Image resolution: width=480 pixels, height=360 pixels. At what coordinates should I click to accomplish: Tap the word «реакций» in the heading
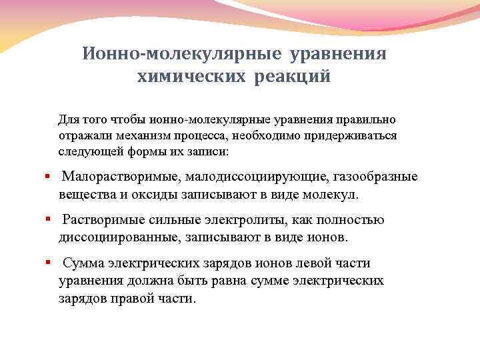click(291, 77)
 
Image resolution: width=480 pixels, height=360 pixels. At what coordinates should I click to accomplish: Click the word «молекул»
click(330, 195)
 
